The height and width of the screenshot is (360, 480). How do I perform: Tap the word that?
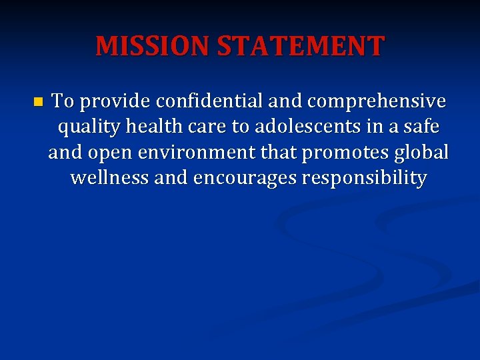click(x=280, y=153)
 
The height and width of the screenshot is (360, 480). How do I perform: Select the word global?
click(x=422, y=153)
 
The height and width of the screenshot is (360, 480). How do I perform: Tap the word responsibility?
click(x=364, y=179)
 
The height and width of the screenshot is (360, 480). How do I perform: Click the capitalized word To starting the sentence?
click(x=63, y=101)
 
